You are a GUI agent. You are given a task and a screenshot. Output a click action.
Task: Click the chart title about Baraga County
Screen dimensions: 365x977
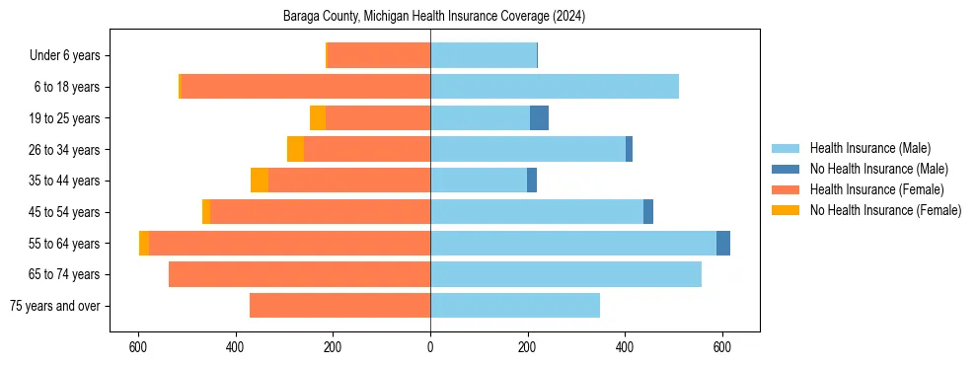tap(434, 16)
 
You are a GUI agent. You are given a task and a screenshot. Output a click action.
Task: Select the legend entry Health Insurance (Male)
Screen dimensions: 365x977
tap(869, 148)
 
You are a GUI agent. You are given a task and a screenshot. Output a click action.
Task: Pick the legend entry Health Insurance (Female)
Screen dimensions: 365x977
tap(876, 189)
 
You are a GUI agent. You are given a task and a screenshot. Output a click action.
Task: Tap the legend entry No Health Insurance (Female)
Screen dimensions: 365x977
tap(885, 210)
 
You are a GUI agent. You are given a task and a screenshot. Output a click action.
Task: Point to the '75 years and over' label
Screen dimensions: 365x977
tap(54, 306)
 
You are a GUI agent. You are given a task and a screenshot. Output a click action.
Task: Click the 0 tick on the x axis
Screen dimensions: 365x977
tap(430, 346)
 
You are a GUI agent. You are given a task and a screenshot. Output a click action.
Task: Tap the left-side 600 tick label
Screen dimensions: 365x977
tap(138, 346)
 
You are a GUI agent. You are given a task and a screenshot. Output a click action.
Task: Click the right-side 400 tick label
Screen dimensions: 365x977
tap(625, 346)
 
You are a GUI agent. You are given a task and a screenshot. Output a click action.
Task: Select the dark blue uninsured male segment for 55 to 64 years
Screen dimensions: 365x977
tap(723, 243)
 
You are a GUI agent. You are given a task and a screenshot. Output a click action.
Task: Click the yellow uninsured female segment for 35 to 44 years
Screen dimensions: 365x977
tap(260, 181)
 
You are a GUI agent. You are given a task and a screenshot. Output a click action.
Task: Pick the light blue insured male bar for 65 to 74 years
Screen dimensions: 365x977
tap(565, 274)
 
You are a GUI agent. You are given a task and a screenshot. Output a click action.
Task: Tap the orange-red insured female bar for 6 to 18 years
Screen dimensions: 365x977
tap(306, 87)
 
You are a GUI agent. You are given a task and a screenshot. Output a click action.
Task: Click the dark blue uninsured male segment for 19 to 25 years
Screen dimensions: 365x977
tap(539, 118)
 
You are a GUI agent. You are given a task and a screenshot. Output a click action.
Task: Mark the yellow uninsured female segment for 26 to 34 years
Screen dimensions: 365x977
tap(295, 149)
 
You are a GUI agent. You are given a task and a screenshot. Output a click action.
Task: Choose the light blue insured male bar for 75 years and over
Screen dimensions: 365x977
tap(515, 306)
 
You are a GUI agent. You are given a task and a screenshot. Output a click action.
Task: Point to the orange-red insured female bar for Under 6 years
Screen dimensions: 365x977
tap(379, 56)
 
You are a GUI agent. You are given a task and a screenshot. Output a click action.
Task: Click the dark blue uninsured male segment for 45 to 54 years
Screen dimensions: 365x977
tap(648, 212)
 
